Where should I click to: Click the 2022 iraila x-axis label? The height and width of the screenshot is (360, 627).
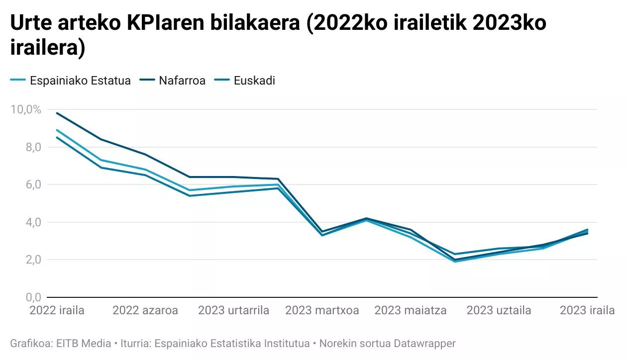[57, 311]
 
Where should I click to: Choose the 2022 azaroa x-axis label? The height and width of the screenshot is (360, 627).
[145, 311]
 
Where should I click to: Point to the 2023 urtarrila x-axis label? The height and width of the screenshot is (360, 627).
[234, 311]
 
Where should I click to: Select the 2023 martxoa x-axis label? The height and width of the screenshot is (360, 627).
[322, 311]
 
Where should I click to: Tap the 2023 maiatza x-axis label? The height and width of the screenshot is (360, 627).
[411, 311]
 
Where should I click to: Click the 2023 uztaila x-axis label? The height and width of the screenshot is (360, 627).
[499, 311]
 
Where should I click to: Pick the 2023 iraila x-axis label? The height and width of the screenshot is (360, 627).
[587, 311]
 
